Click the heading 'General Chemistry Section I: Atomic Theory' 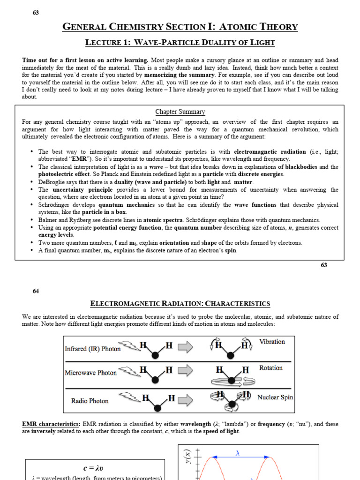point(180,27)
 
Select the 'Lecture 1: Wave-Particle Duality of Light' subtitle point(180,43)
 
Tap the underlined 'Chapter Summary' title point(180,112)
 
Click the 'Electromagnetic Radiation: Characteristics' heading point(180,304)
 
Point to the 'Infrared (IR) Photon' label point(93,349)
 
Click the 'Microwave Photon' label point(91,373)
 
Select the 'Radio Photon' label point(90,401)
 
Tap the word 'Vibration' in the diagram point(272,342)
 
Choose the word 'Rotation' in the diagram point(270,368)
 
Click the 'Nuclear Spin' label point(275,397)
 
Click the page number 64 point(36,291)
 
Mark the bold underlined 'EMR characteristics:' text point(51,424)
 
